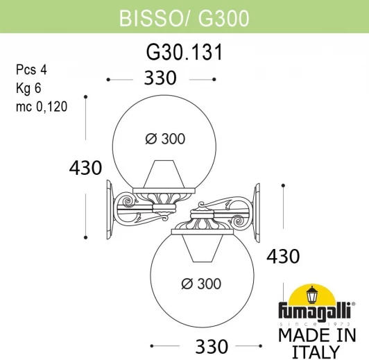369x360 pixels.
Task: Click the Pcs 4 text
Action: [27, 70]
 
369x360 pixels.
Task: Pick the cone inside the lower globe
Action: [204, 248]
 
